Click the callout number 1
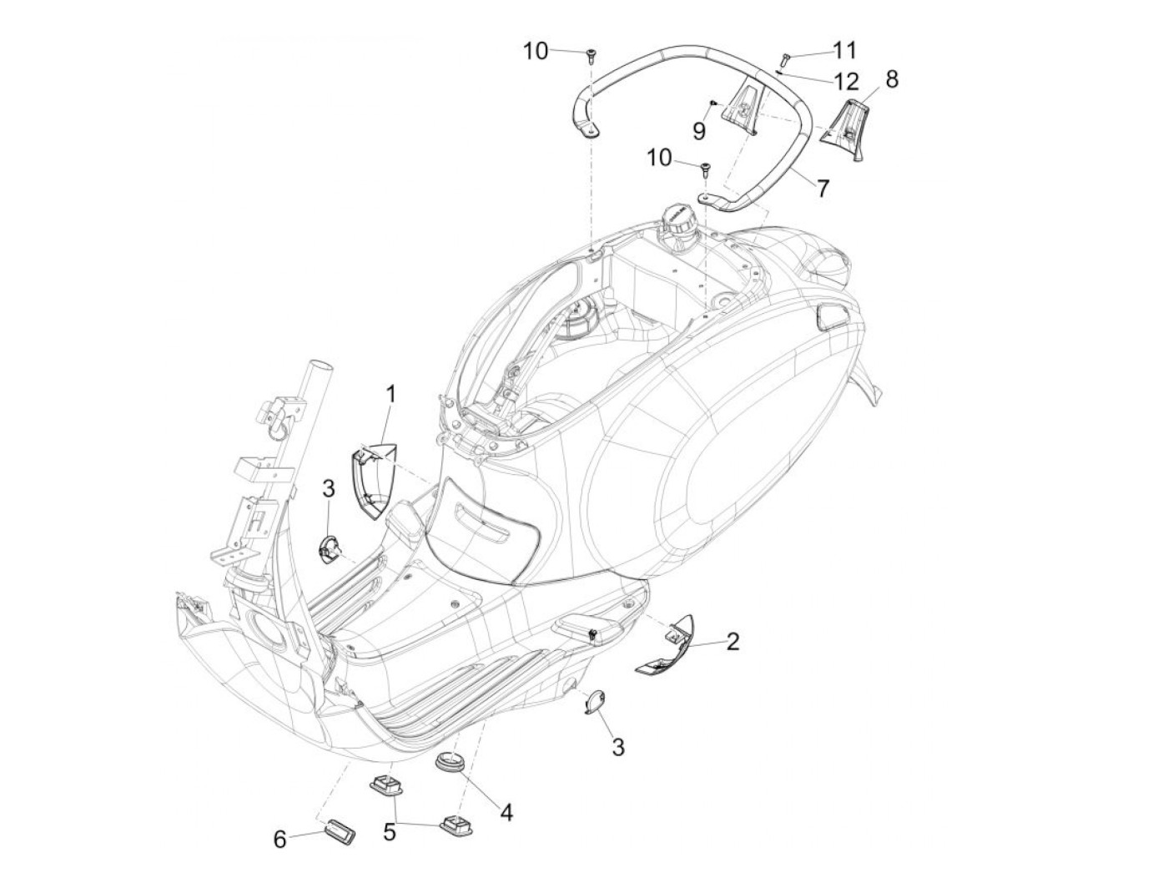click(390, 392)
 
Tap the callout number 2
click(732, 641)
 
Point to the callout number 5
click(390, 830)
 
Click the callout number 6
click(280, 838)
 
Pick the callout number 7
click(823, 188)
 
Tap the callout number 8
click(891, 80)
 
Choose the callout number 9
click(699, 130)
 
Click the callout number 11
click(844, 50)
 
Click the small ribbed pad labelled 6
click(338, 832)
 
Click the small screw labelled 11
click(784, 58)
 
